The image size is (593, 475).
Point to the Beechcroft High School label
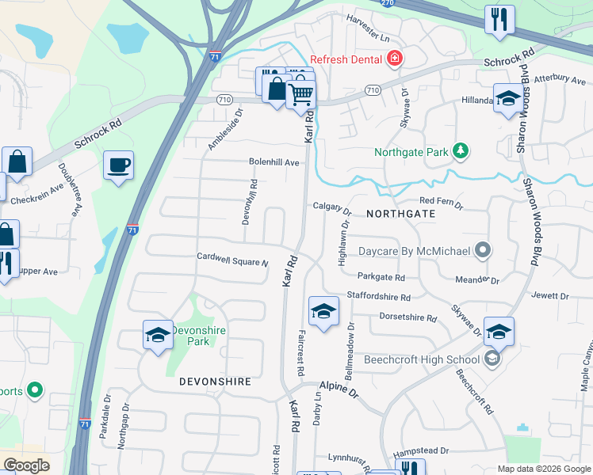coord(422,359)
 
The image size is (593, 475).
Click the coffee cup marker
coord(118,165)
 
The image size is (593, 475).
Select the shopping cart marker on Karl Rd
coord(300,95)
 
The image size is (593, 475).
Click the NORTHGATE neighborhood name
coord(400,214)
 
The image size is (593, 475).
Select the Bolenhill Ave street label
coord(274,162)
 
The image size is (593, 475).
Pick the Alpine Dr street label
coord(339,389)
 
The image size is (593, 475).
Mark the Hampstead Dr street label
coord(422,450)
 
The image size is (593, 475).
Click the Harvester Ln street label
coord(368,39)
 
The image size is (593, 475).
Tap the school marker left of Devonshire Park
coord(158,336)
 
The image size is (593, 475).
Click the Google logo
coord(26,465)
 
